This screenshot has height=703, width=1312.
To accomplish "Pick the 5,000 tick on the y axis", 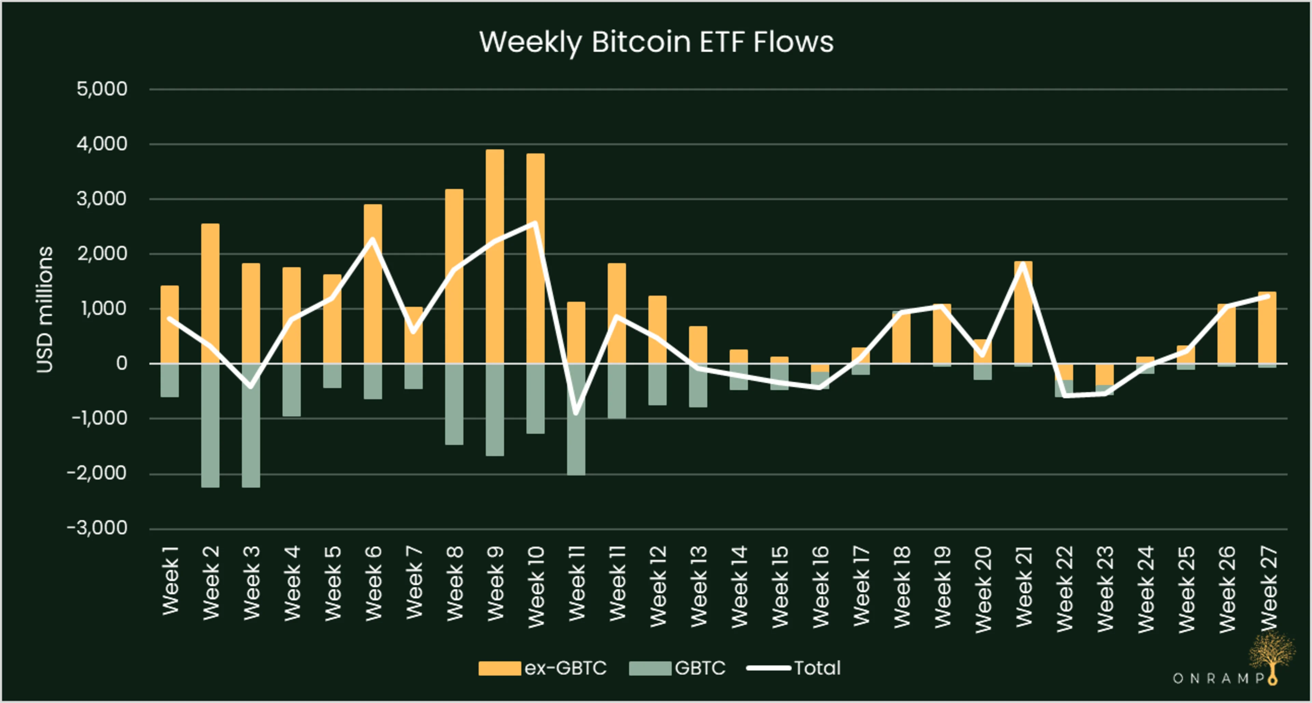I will point(102,89).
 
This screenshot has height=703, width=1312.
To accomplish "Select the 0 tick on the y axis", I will point(121,363).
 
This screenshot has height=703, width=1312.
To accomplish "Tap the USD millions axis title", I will point(45,309).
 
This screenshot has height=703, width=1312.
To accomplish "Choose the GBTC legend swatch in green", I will point(650,668).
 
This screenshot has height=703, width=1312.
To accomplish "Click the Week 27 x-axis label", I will point(1268,588).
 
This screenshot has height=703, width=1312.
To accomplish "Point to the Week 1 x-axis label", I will point(170,580).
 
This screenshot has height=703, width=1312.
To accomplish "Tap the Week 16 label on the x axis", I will point(820,587).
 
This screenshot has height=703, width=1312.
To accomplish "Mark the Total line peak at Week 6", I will point(372,239).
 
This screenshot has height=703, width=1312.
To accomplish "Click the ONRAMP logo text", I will point(1218,678).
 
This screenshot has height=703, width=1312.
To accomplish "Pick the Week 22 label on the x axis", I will point(1065,588).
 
